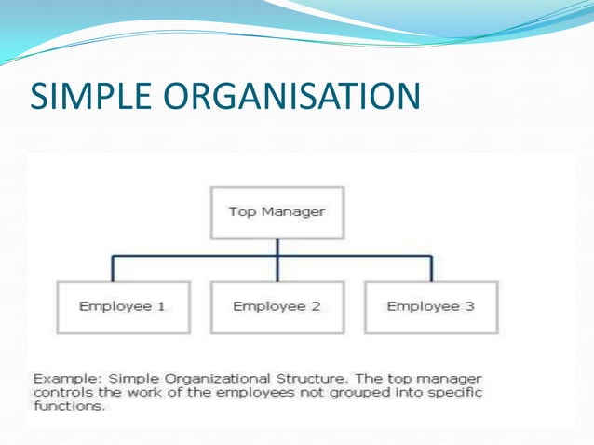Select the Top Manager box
pos(277,213)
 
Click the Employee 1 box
pos(122,307)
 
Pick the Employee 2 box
pos(276,307)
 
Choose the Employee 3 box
pos(430,307)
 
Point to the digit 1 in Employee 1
pos(161,306)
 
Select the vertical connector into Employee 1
pos(113,269)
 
